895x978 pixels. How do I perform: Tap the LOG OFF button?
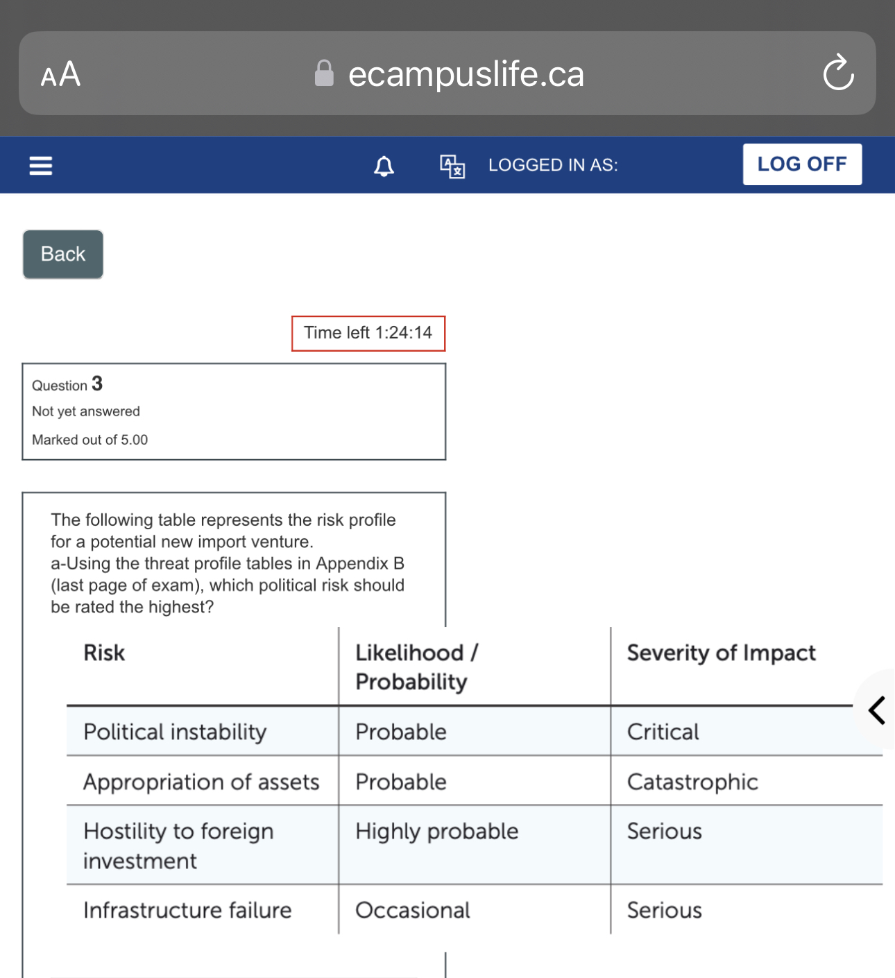tap(802, 164)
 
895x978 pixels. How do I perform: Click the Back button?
tap(63, 255)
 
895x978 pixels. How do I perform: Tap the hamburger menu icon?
tap(41, 166)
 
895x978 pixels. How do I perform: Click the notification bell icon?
tap(384, 166)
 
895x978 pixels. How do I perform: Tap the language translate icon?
tap(452, 166)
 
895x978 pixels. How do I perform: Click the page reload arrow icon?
tap(838, 73)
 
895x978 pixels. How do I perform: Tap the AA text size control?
tap(61, 74)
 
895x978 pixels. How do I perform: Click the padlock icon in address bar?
tap(324, 74)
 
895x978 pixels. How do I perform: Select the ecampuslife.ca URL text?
tap(466, 74)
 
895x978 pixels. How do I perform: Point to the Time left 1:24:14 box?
tap(368, 334)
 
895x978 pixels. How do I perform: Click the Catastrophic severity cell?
tap(692, 782)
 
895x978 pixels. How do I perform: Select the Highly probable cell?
tap(437, 831)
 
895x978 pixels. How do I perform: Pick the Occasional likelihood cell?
tap(413, 910)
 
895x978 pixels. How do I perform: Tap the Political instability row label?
tap(175, 732)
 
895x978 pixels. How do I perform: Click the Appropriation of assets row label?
tap(201, 782)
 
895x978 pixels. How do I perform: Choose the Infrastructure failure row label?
tap(187, 910)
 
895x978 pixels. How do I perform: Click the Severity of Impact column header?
tap(722, 653)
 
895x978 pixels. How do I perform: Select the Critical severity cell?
tap(663, 732)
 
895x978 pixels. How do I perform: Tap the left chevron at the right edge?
tap(877, 710)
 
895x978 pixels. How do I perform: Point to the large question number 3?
tap(97, 384)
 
